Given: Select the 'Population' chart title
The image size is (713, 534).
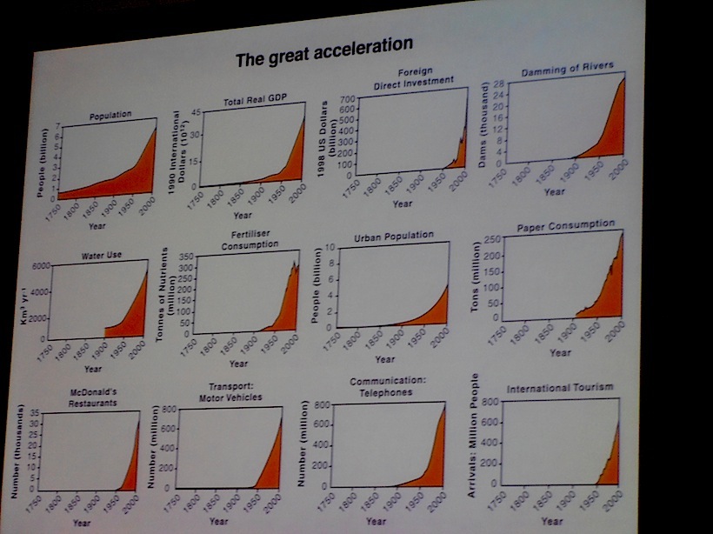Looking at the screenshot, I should [x=110, y=115].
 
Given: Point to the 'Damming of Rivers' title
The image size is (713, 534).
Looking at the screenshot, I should [x=568, y=67].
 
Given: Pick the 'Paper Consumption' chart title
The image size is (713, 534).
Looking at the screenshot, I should [x=566, y=224].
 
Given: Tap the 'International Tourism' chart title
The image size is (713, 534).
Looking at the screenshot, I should [x=560, y=386].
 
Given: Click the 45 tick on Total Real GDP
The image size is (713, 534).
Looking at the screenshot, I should [x=197, y=114].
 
